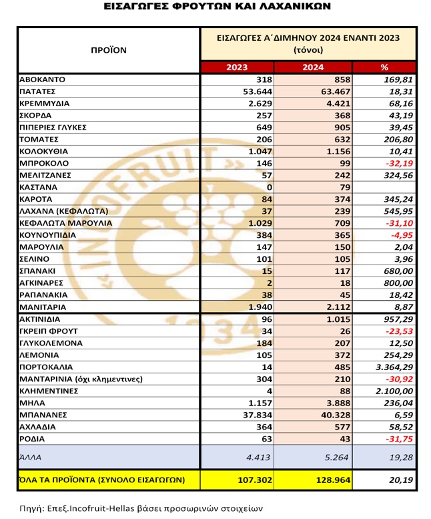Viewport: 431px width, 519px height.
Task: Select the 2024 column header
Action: [x=312, y=67]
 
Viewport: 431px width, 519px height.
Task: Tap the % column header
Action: [x=384, y=67]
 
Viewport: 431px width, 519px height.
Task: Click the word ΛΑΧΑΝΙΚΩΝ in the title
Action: [x=287, y=7]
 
